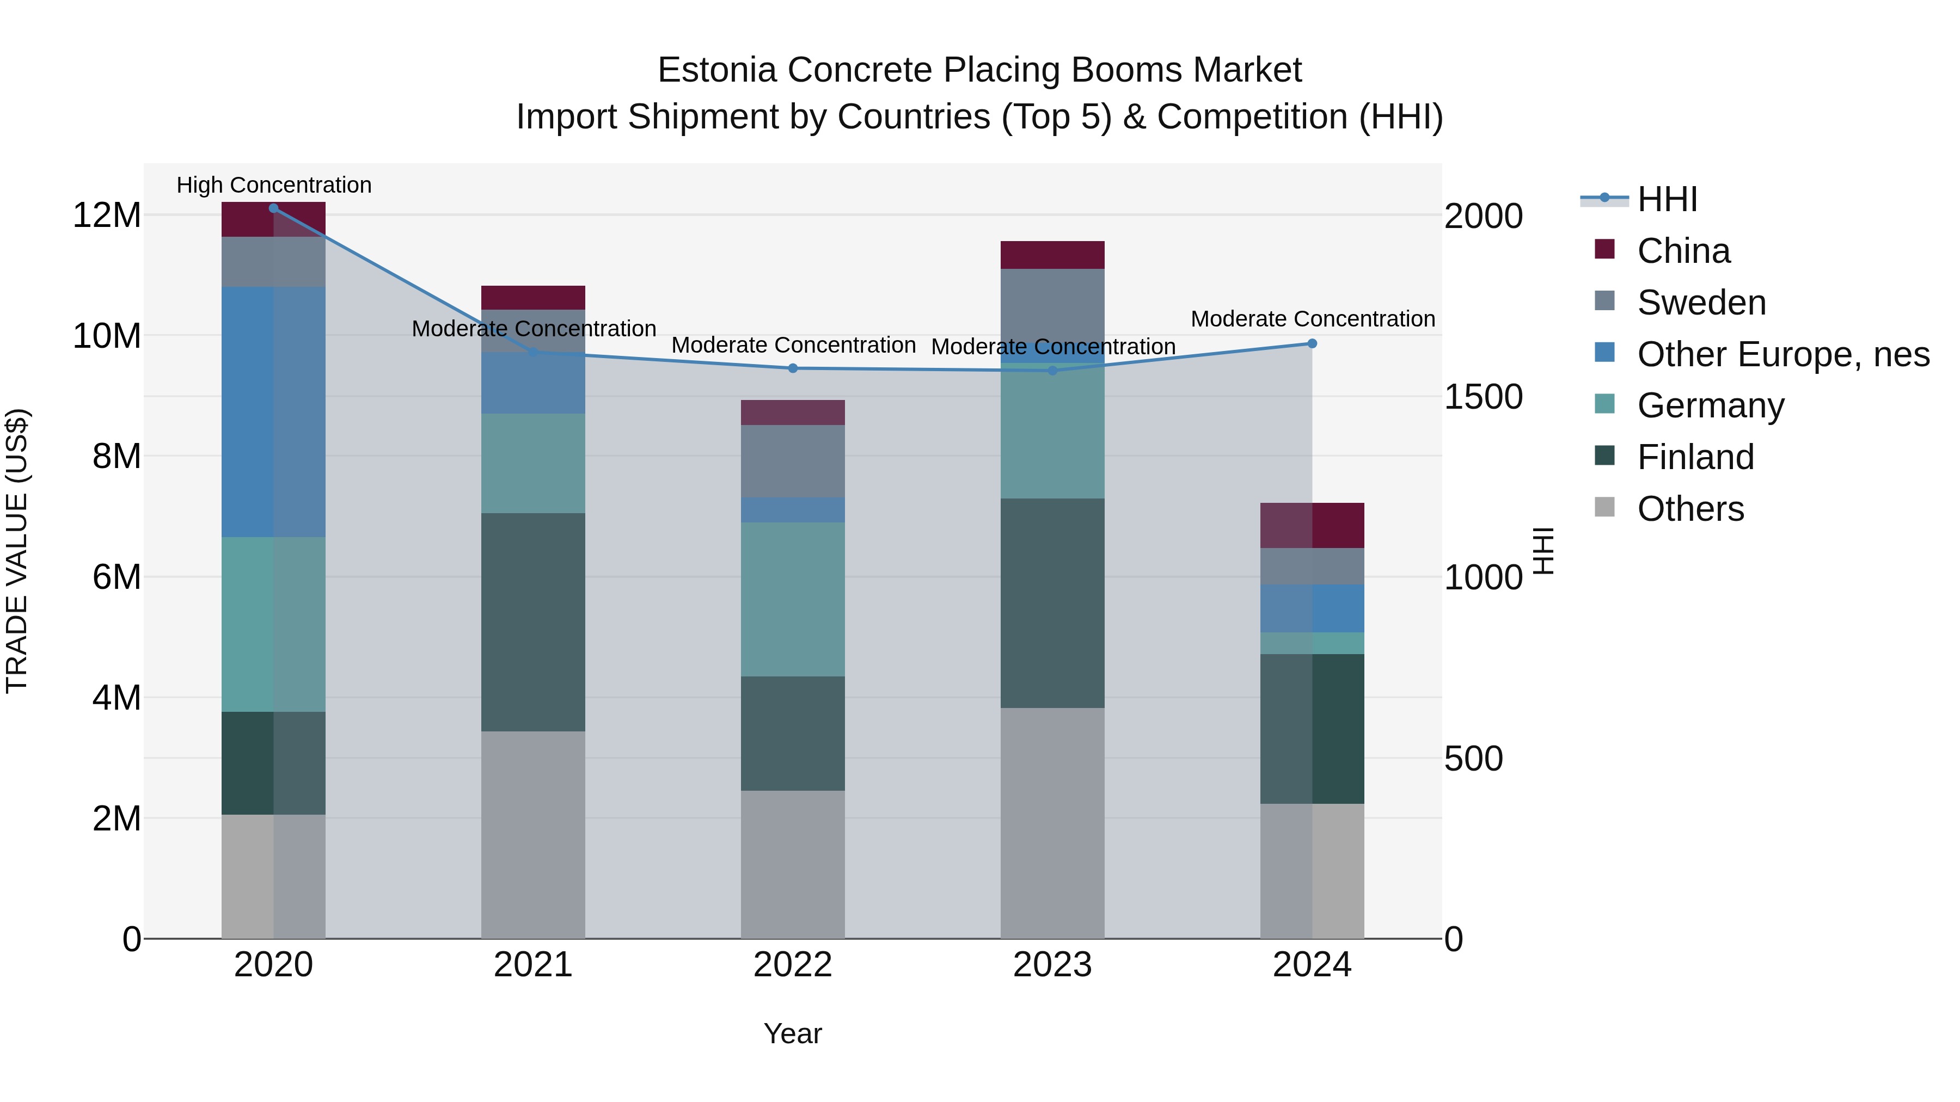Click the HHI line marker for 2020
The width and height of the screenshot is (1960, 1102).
[x=273, y=208]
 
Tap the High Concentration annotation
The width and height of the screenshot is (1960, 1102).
[x=274, y=185]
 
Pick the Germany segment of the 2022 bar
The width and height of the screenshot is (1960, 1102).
[x=793, y=599]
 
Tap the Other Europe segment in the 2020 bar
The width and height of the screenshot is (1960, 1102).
[x=273, y=412]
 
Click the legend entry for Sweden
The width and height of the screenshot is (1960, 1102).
[x=1701, y=303]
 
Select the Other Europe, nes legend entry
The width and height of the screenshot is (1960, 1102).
[x=1783, y=354]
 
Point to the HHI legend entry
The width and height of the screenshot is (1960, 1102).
[x=1667, y=199]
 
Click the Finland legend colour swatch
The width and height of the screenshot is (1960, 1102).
[x=1604, y=455]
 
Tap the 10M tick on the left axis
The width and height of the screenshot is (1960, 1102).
[x=107, y=335]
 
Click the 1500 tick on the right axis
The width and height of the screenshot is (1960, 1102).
[x=1483, y=397]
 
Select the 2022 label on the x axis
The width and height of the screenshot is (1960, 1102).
[x=793, y=965]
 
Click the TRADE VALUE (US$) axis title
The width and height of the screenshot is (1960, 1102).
[x=17, y=551]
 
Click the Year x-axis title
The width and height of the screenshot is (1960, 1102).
[x=793, y=1033]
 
